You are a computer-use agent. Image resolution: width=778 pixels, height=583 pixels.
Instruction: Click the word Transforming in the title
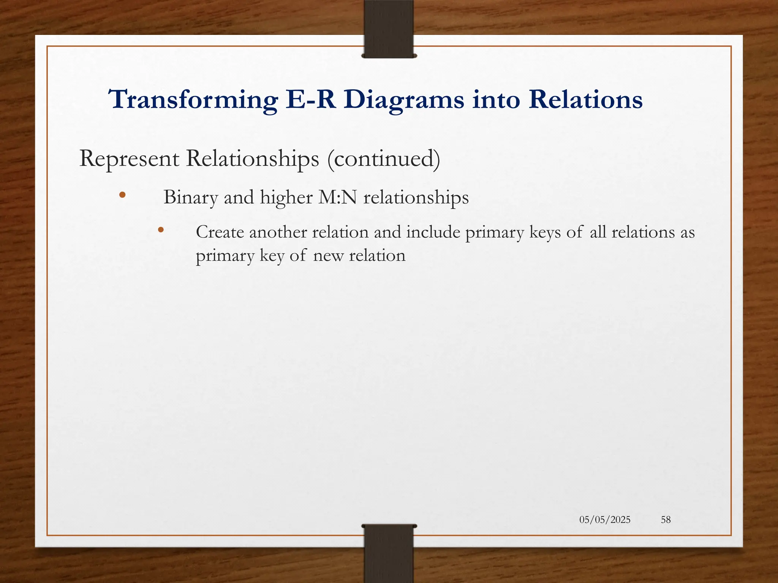[193, 100]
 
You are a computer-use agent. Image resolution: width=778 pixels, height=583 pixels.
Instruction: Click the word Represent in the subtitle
[129, 159]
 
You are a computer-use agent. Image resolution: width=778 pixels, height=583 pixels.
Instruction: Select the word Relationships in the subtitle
[253, 159]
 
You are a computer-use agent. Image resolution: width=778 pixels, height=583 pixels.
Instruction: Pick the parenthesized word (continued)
[384, 159]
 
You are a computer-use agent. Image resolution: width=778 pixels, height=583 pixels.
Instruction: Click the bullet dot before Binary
[122, 195]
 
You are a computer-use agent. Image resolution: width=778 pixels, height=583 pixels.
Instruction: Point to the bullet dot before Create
[161, 230]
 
